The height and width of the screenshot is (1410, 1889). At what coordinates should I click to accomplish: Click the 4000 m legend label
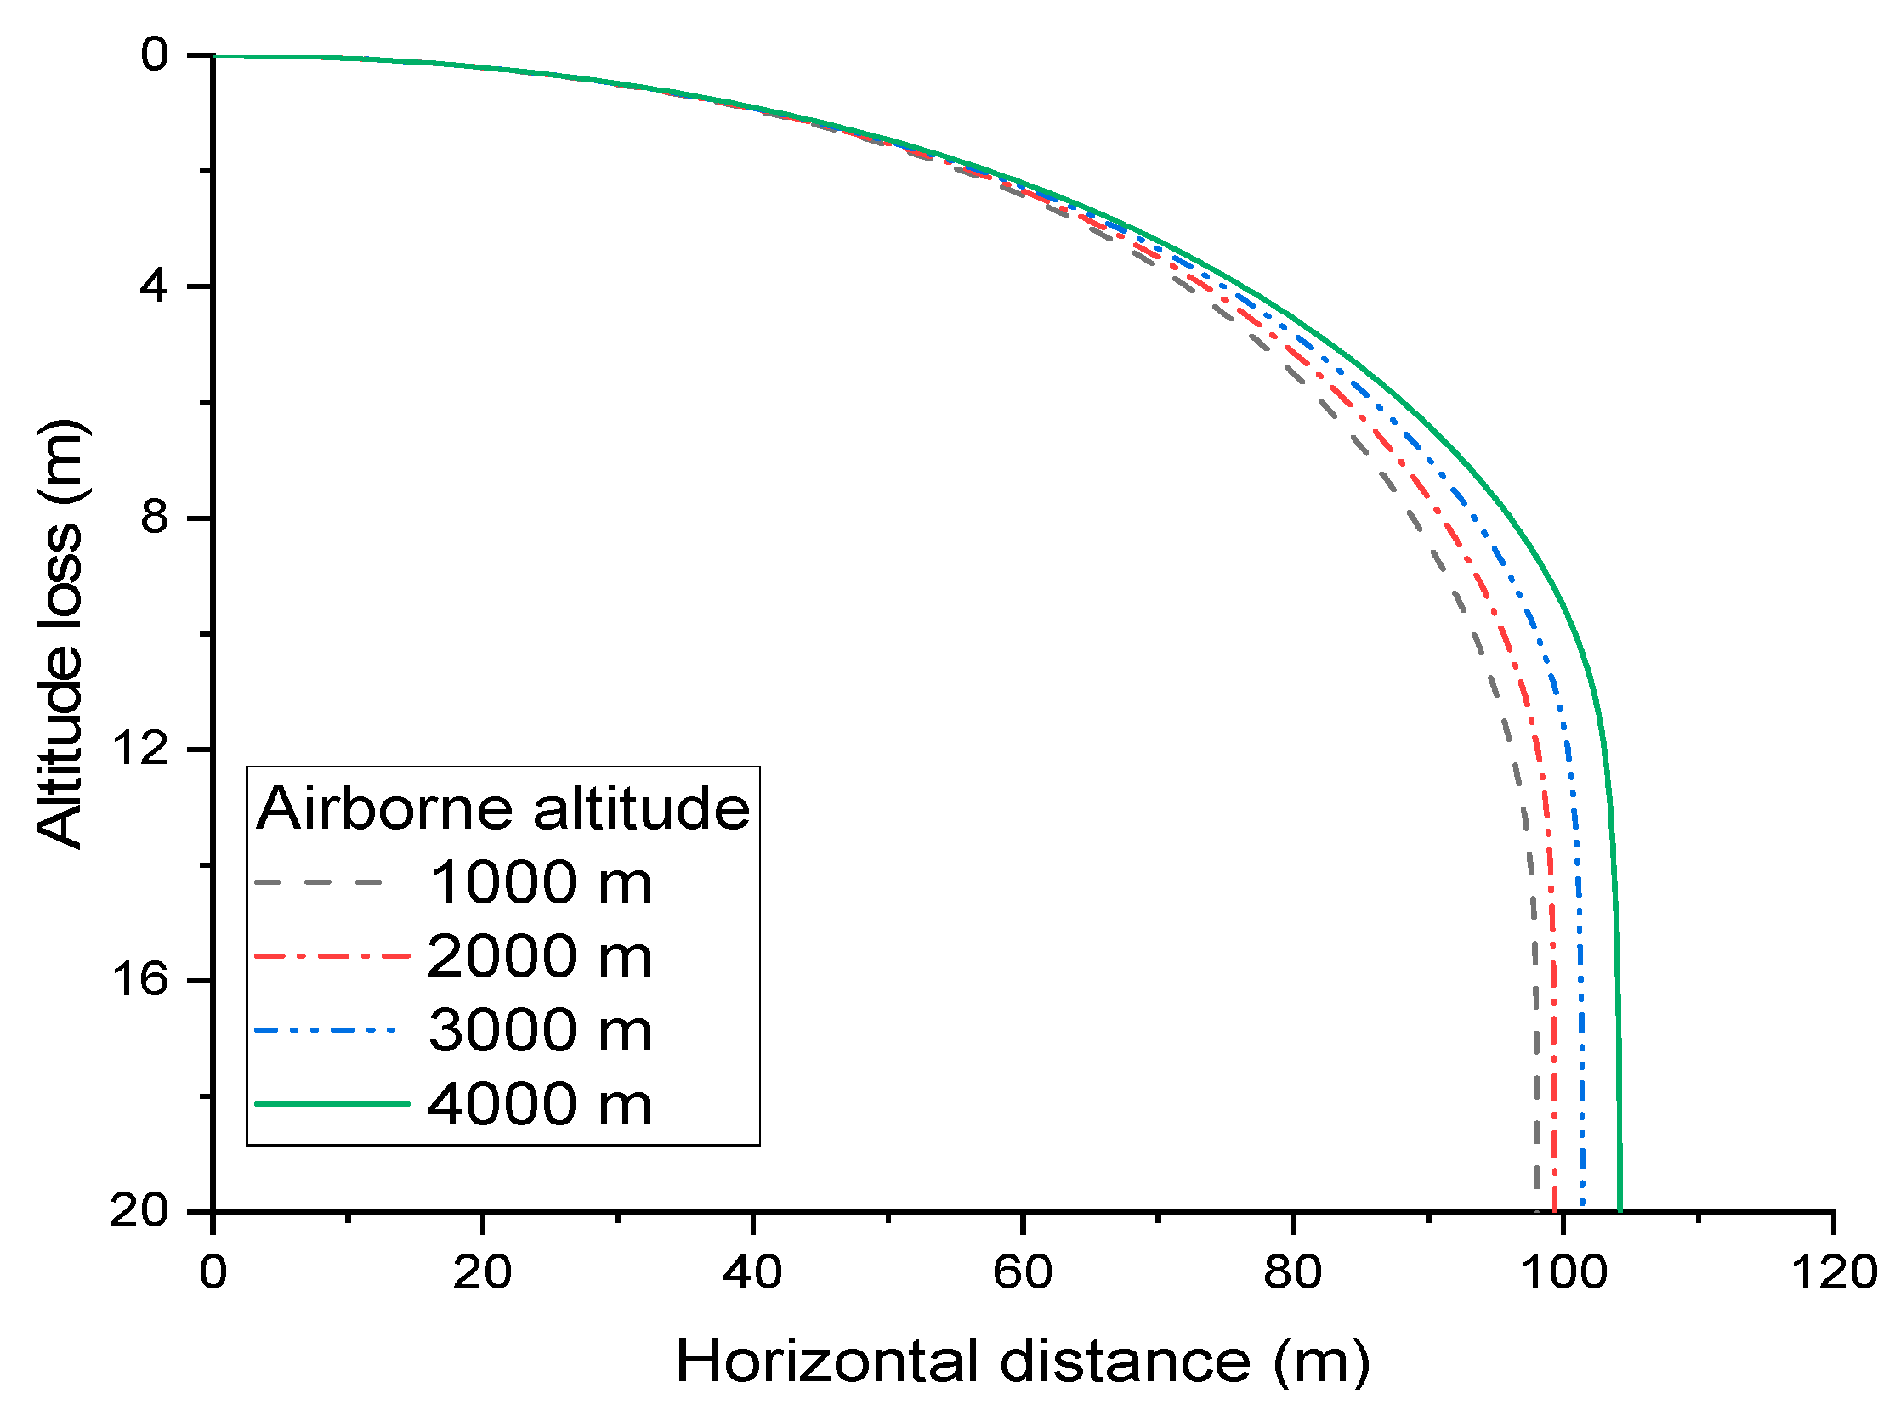click(x=539, y=1104)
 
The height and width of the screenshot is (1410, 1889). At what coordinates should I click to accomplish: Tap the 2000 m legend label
click(x=539, y=957)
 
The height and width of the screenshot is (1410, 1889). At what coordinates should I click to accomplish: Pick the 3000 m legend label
click(x=540, y=1030)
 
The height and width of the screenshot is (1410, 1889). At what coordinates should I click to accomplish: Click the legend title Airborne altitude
click(x=502, y=808)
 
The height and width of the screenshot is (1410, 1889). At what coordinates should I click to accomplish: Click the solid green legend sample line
click(x=332, y=1104)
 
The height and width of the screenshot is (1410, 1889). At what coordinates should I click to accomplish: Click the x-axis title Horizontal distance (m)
click(x=1023, y=1361)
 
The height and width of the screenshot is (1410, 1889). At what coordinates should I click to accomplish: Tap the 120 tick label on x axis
click(x=1833, y=1273)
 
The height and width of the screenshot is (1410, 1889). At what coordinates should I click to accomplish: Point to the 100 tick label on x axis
click(x=1563, y=1273)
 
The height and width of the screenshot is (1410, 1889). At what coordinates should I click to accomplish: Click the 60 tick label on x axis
click(x=1022, y=1273)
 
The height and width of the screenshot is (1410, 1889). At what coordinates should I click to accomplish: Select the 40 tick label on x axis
click(x=752, y=1273)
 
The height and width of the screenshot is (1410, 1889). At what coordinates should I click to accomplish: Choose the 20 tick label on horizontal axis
click(x=481, y=1273)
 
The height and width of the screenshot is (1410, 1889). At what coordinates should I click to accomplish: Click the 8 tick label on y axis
click(x=155, y=518)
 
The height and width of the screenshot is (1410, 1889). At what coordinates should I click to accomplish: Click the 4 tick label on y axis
click(x=155, y=286)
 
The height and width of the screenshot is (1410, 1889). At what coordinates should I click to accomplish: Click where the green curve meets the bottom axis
click(x=1619, y=1209)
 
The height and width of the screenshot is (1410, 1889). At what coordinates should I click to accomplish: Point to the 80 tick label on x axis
click(x=1292, y=1273)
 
